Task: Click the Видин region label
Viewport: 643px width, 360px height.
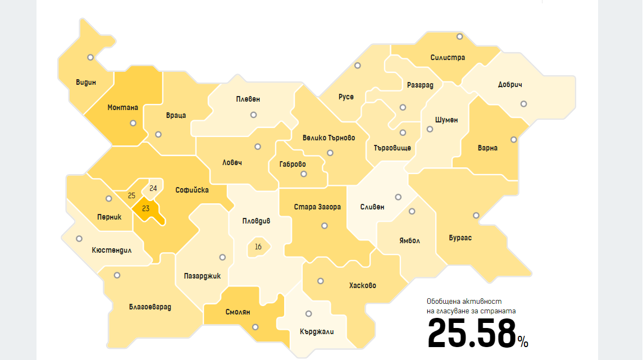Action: click(86, 83)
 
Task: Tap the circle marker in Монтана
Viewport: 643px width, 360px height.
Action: click(133, 123)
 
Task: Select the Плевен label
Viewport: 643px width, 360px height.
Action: click(248, 99)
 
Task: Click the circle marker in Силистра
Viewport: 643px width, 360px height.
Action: click(459, 37)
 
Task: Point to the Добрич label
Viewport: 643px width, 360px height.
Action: click(510, 85)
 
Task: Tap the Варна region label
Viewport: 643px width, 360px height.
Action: click(487, 148)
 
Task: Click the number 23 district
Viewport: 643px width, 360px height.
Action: click(145, 208)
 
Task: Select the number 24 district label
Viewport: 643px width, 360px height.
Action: click(153, 188)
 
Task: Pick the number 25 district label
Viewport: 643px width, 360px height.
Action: click(132, 195)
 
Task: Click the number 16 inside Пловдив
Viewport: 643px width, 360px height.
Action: click(258, 247)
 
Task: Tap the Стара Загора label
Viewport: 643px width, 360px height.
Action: click(317, 207)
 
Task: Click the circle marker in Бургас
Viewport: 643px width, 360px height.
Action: click(476, 215)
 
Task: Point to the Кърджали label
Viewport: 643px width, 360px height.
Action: click(317, 331)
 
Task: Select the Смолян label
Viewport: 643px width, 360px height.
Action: click(238, 312)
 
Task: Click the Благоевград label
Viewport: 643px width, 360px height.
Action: click(150, 307)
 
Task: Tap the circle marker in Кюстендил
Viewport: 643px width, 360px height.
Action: click(79, 239)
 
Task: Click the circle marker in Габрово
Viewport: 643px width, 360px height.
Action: click(304, 174)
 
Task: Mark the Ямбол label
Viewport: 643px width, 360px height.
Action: click(409, 240)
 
